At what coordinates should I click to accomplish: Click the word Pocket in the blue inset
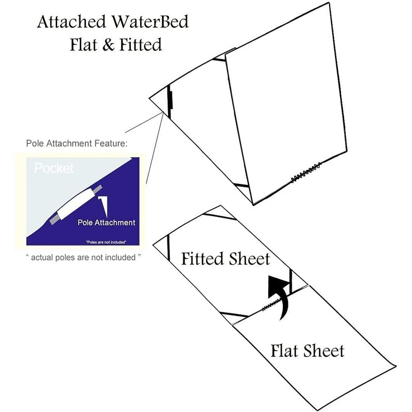(54, 168)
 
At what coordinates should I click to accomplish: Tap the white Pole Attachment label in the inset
(106, 222)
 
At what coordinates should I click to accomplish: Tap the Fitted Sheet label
(225, 258)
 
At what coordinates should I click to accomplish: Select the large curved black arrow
(279, 296)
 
